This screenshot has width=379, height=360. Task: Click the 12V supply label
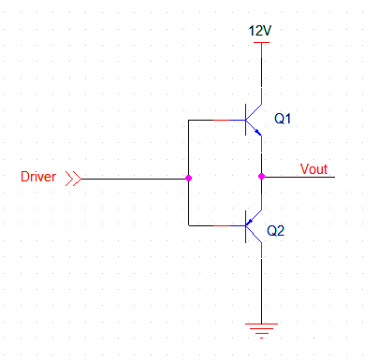coord(260,31)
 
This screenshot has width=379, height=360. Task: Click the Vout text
coord(313,169)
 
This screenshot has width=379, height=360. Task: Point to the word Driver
coord(38,177)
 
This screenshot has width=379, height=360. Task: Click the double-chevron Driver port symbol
coord(72,178)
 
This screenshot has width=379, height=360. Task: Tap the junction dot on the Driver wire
coord(189,178)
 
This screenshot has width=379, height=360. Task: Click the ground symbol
coord(261,326)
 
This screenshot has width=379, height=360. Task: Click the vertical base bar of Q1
coord(246,121)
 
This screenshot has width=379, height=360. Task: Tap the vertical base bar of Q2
coord(246,225)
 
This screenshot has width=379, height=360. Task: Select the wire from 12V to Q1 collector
coord(261,75)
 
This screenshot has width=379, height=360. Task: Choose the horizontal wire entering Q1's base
coord(216,121)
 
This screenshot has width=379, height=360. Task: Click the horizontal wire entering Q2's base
coord(216,225)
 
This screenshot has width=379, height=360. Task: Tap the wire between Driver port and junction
coord(131,178)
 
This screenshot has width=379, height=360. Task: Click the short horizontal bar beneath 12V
coord(261,42)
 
